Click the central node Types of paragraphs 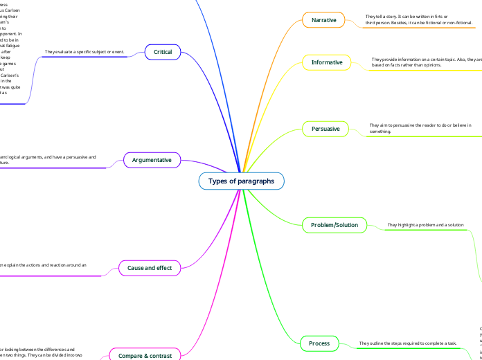pos(241,181)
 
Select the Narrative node pos(323,20)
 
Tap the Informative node pos(327,62)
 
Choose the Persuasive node pos(325,128)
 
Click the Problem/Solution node pos(334,225)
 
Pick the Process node pos(319,343)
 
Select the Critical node pos(163,52)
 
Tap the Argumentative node pos(152,161)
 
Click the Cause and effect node pos(150,267)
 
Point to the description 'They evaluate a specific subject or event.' pos(84,52)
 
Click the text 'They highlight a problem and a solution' pos(425,225)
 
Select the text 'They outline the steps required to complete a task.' pos(407,343)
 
